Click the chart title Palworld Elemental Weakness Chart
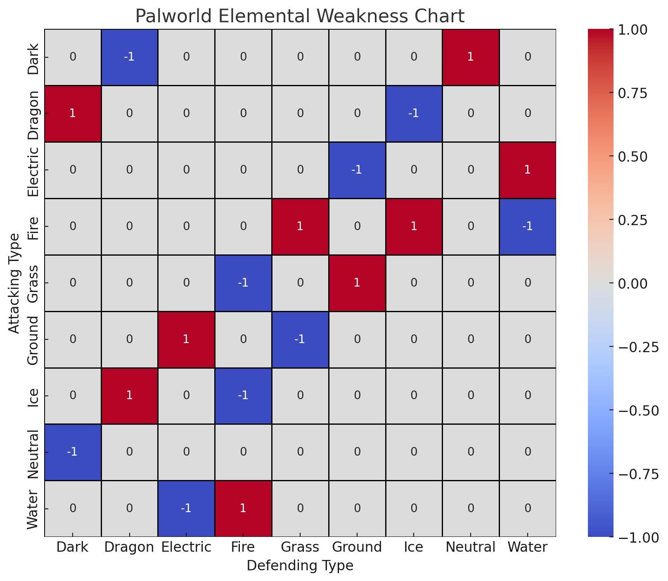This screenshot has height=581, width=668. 300,16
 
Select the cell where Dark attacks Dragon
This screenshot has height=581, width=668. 129,57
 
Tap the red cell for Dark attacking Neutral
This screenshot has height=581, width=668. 470,57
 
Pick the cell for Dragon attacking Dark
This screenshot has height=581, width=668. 73,113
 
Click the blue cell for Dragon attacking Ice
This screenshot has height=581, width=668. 414,113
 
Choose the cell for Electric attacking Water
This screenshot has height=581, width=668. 527,170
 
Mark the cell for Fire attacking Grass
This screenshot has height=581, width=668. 300,226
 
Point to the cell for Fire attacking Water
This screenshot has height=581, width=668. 527,226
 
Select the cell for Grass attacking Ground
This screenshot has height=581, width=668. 357,283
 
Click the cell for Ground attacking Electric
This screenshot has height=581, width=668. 186,339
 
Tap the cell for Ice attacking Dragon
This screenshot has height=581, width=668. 129,396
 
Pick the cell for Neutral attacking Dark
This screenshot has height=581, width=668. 73,452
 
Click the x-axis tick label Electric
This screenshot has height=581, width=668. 186,547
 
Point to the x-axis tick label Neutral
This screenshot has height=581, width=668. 470,547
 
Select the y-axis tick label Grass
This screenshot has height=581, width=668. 33,283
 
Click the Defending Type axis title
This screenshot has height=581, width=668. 300,565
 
